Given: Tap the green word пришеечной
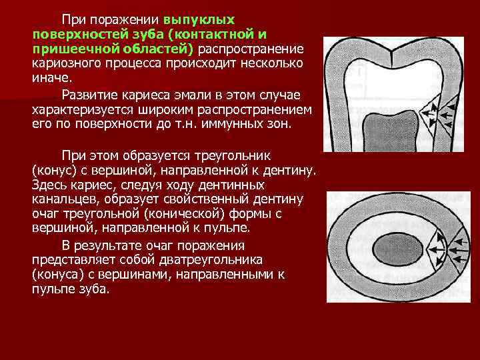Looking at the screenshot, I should pyautogui.click(x=71, y=49).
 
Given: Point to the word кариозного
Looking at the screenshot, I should pyautogui.click(x=67, y=63).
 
